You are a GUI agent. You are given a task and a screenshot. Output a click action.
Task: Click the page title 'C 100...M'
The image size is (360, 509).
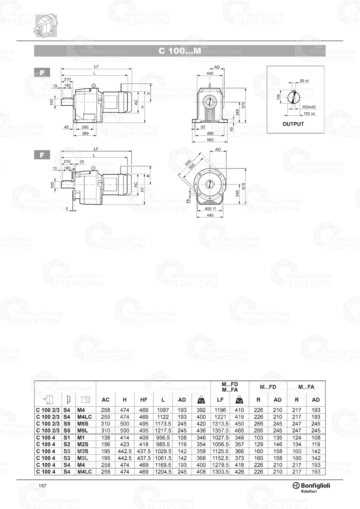[x=180, y=51]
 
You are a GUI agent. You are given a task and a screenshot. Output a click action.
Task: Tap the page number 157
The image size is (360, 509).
[x=42, y=486]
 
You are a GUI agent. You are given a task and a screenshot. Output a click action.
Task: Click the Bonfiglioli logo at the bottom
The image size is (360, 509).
[x=311, y=486]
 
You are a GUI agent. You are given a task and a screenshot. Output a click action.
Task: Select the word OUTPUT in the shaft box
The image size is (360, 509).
[x=293, y=124]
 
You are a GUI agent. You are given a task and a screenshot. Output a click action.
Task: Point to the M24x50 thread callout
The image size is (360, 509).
[x=309, y=107]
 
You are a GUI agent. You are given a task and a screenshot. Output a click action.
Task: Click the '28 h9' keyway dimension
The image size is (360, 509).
[x=304, y=81]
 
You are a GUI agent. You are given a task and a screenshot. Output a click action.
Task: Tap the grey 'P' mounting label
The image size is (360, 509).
[x=42, y=72]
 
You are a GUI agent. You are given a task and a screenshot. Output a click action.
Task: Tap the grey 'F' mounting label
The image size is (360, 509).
[x=42, y=155]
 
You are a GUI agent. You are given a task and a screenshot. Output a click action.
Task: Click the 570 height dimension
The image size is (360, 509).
[x=243, y=105]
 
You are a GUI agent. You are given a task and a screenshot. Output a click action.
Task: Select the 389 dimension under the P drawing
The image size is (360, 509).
[x=85, y=134]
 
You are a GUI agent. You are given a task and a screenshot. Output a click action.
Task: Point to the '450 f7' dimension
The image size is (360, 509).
[x=210, y=209]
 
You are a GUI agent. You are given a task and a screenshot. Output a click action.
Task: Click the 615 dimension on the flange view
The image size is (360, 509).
[x=243, y=186]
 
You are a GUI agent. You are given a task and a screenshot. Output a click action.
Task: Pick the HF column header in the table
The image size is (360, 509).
[x=144, y=400]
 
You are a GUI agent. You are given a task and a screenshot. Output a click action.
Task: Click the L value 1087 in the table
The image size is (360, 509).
[x=163, y=410]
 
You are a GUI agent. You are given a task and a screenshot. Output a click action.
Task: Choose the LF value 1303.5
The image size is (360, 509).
[x=220, y=472]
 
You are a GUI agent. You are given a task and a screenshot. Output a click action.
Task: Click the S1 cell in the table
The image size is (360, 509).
[x=67, y=437]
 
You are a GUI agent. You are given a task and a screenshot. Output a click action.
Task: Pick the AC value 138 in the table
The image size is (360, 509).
[x=105, y=437]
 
